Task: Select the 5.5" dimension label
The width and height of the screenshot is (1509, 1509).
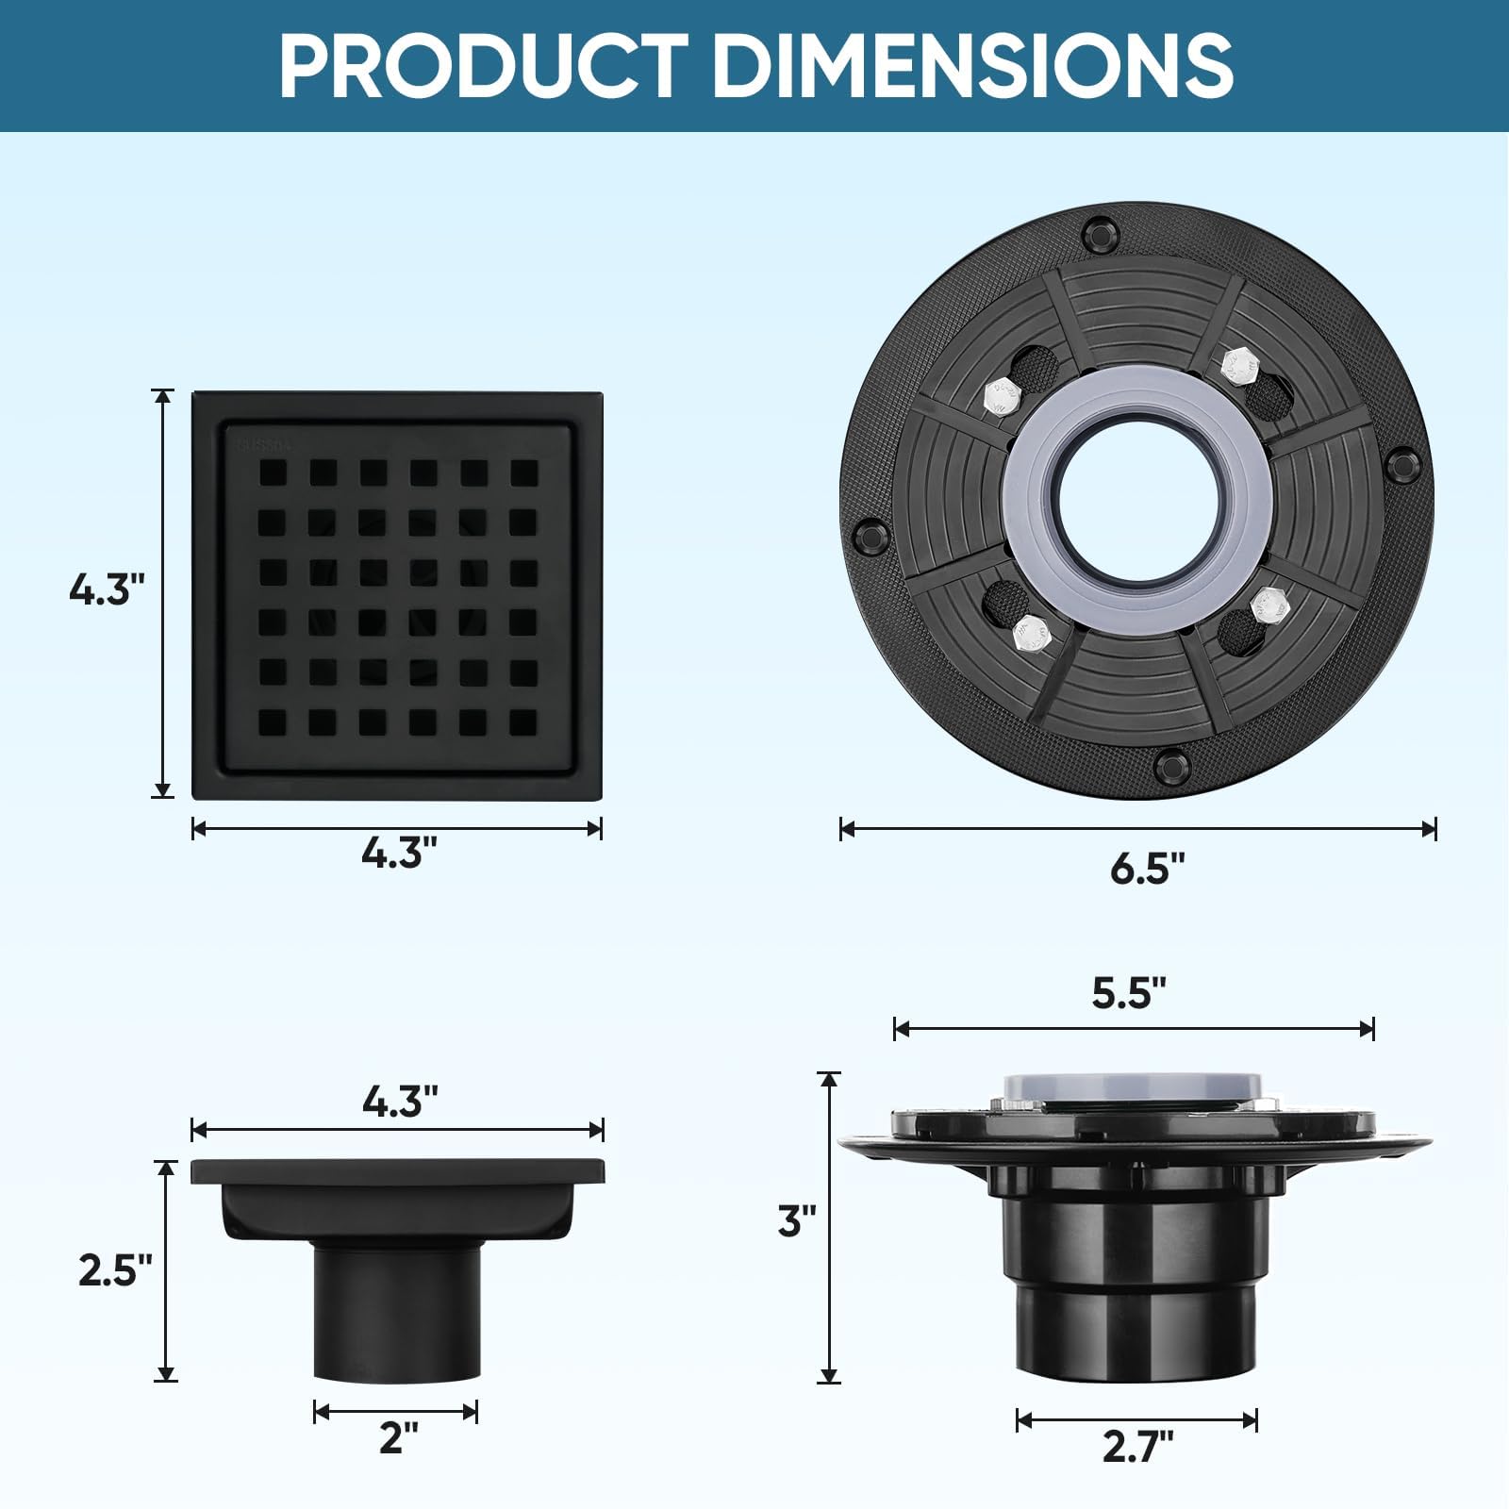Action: (1129, 993)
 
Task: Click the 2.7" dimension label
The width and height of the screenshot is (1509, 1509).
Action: (1137, 1446)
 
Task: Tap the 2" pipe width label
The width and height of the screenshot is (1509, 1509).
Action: (398, 1437)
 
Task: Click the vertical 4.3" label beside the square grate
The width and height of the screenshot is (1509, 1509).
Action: (107, 590)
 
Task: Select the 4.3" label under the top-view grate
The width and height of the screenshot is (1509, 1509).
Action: (399, 854)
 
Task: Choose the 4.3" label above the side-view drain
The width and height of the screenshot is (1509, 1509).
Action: (400, 1102)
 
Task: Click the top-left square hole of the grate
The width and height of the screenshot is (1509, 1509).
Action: (273, 473)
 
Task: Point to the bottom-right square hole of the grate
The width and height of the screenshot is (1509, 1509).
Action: (523, 722)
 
